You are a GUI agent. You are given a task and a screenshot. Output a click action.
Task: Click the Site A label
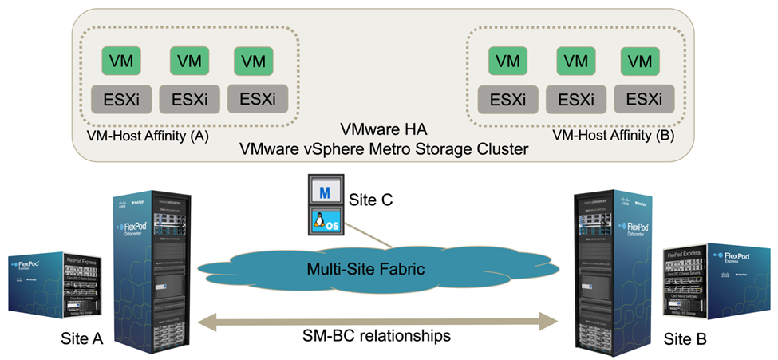point(82,338)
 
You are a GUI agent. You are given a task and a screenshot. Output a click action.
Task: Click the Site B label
point(686,338)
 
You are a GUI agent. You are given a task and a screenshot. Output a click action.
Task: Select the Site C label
point(372,196)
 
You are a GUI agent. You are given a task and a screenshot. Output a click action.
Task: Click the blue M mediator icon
point(324,194)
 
